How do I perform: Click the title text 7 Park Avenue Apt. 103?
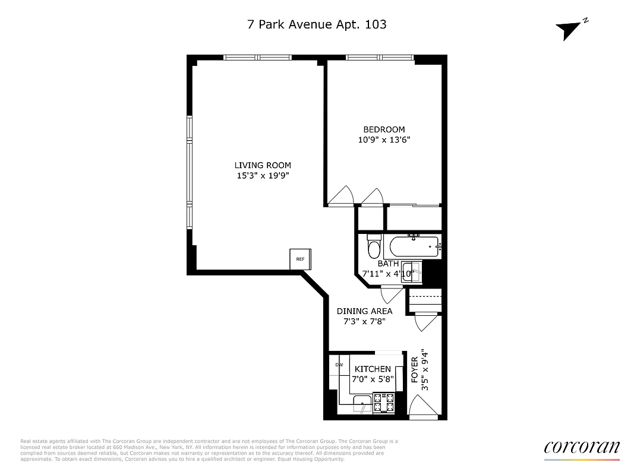coord(317,24)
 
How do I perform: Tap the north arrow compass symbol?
coord(569,30)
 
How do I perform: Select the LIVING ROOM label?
coord(263,165)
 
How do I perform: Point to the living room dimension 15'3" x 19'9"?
coord(263,176)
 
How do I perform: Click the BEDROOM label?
coord(384,129)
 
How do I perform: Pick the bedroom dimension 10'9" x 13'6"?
coord(384,140)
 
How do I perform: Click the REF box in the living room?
coord(300,259)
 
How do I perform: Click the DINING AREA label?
coord(364,311)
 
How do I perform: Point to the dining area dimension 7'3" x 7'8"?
coord(364,322)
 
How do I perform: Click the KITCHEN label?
coord(373,369)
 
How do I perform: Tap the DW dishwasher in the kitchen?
coord(339,365)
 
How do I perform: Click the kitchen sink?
coord(361,405)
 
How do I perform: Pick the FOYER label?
coord(414,369)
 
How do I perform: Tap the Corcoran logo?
coord(581,448)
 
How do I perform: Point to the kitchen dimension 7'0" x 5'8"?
coord(373,379)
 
